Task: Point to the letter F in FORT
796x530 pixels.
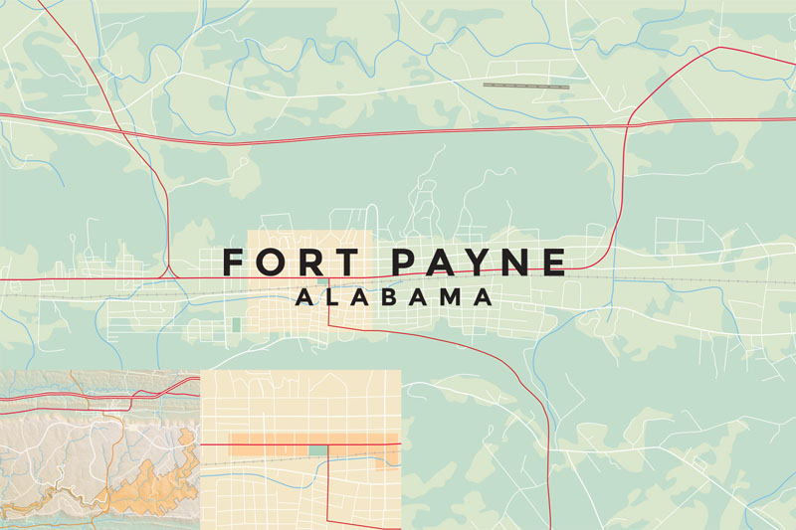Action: click(233, 262)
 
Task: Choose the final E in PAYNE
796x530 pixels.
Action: click(555, 262)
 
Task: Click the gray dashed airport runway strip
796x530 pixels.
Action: click(526, 86)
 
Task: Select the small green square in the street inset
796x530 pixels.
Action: click(317, 450)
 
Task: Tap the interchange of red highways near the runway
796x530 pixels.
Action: click(628, 123)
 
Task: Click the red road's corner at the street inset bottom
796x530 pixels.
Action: click(329, 519)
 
